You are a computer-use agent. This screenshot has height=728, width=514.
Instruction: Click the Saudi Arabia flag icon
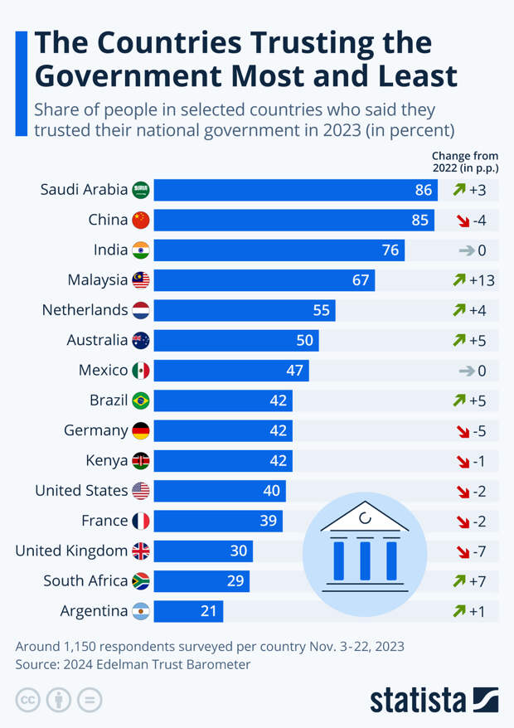141,190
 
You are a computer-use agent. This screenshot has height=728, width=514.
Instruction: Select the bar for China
293,220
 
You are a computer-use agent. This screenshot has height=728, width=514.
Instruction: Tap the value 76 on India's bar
390,250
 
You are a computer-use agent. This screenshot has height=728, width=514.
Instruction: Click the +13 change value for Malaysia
482,280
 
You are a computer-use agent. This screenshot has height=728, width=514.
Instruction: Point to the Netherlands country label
85,310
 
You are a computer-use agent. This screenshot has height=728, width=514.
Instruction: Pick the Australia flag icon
141,340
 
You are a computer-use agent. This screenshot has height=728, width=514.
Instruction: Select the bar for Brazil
222,400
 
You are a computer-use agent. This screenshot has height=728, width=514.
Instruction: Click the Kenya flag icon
141,460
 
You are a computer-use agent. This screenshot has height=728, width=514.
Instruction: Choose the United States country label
81,490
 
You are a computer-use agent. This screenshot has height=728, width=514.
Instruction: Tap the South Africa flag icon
141,580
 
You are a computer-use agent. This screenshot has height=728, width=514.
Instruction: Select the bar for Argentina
188,611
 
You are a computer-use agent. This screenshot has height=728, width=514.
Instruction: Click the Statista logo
433,699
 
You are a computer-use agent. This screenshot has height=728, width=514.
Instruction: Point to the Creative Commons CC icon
27,699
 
